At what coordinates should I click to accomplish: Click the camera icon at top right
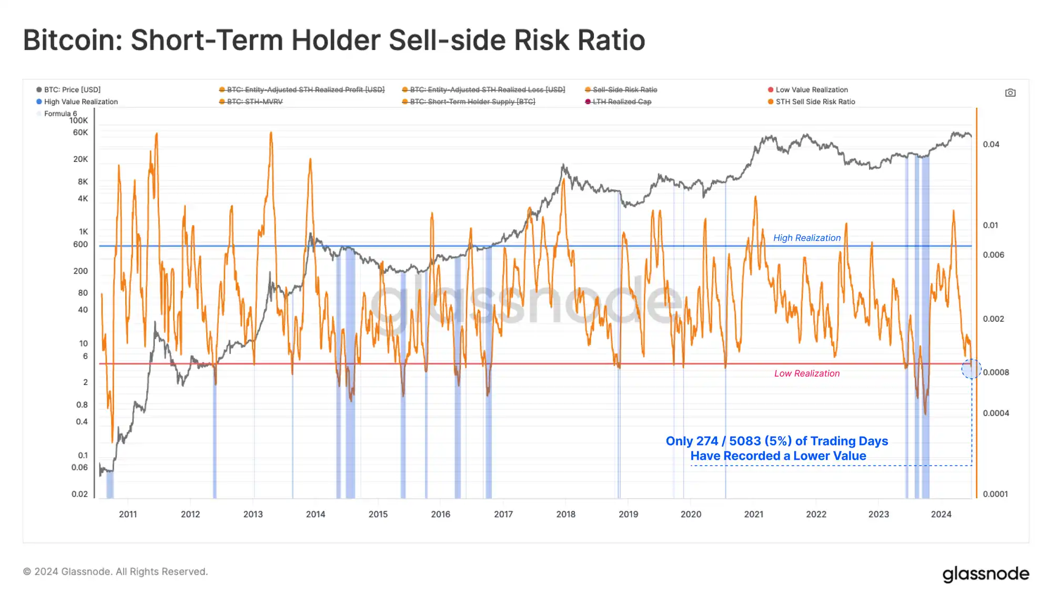pyautogui.click(x=1010, y=93)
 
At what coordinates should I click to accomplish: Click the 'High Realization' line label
pyautogui.click(x=806, y=238)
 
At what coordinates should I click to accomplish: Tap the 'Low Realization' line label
pyautogui.click(x=806, y=373)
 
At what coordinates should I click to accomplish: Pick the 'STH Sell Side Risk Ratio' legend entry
pyautogui.click(x=815, y=102)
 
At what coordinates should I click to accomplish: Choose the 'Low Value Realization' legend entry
pyautogui.click(x=811, y=90)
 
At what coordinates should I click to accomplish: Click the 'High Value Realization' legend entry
pyautogui.click(x=80, y=102)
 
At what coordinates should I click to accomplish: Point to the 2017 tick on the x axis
pyautogui.click(x=503, y=514)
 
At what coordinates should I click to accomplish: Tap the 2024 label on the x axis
pyautogui.click(x=941, y=514)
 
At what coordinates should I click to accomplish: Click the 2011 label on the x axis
pyautogui.click(x=128, y=514)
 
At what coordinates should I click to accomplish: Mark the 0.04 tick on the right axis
pyautogui.click(x=991, y=144)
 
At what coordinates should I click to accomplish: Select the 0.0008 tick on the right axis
pyautogui.click(x=996, y=372)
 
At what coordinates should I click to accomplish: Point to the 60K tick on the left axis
pyautogui.click(x=80, y=133)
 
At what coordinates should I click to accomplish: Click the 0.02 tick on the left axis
pyautogui.click(x=80, y=494)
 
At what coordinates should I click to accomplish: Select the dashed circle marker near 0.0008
pyautogui.click(x=971, y=369)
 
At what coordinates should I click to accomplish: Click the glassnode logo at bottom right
pyautogui.click(x=985, y=574)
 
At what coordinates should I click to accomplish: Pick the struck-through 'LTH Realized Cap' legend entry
pyautogui.click(x=622, y=102)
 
